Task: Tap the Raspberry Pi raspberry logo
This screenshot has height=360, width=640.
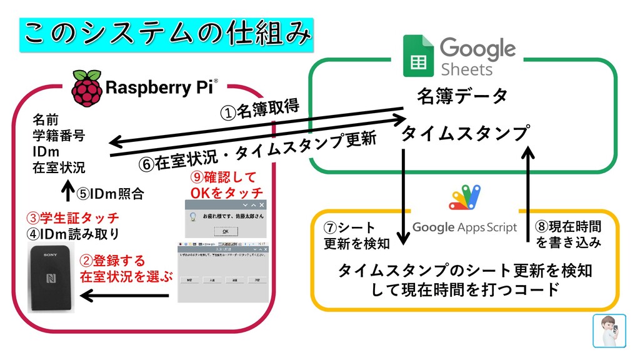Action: [87, 88]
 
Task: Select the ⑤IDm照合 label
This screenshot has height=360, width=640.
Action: [110, 194]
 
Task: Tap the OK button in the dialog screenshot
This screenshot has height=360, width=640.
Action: [226, 231]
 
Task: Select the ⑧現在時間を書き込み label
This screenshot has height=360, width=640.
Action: [569, 234]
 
